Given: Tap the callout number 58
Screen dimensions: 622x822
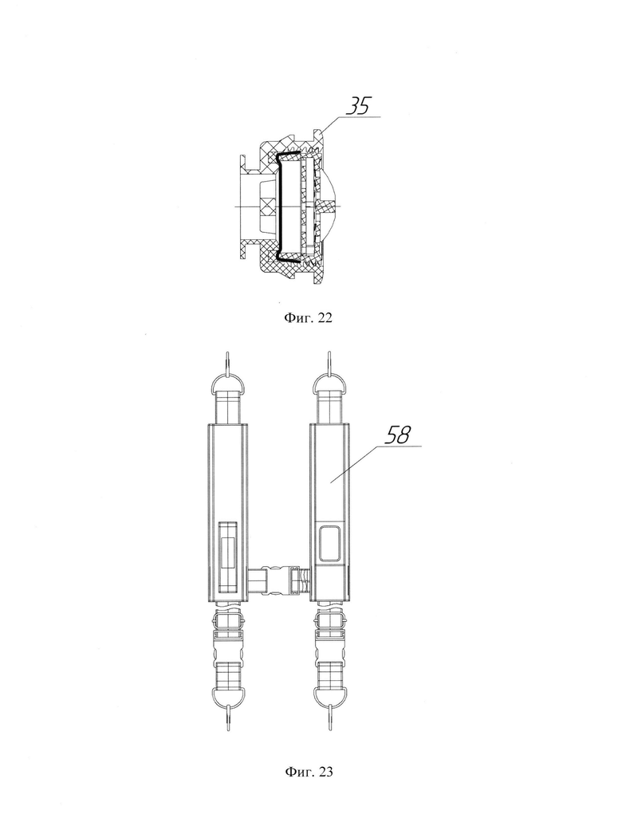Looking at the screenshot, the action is [x=398, y=435].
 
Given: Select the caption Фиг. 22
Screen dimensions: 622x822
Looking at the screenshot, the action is [x=309, y=317].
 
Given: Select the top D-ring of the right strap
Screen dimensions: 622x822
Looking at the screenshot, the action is [x=330, y=379].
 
